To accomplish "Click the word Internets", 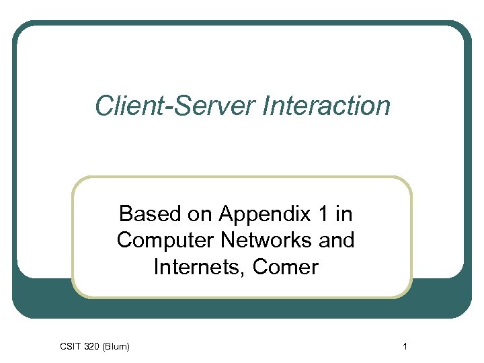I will (x=200, y=267).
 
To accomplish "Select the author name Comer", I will (x=286, y=267).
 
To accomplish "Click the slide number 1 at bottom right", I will (x=405, y=346).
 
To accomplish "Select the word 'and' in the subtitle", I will (x=337, y=240).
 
